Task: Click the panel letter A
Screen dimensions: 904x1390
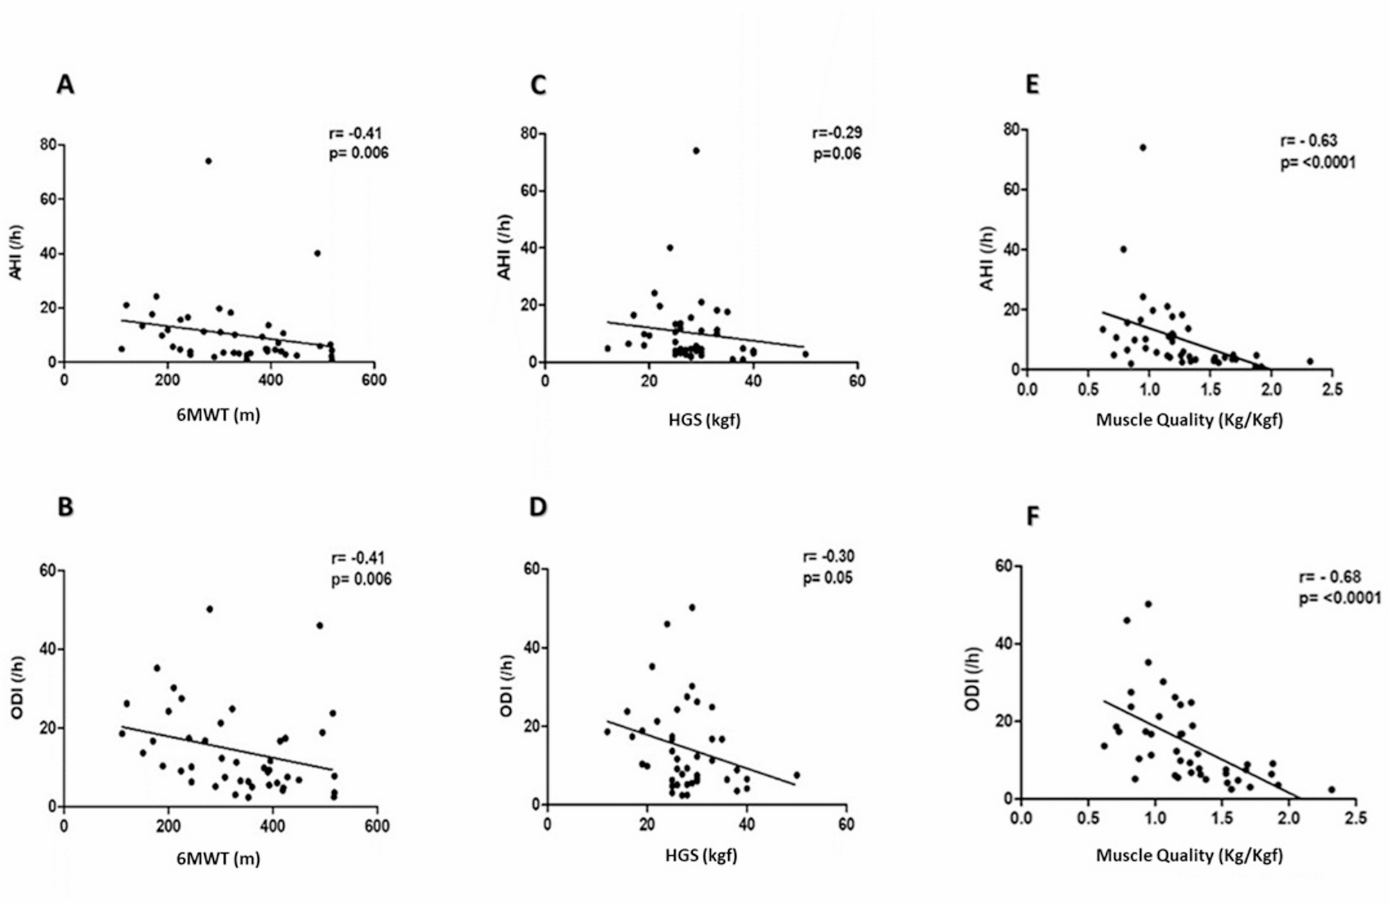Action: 65,84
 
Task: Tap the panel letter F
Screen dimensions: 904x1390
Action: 1032,516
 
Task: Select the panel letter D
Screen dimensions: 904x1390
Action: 538,507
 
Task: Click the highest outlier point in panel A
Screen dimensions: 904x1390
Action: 208,161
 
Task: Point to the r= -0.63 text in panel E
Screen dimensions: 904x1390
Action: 1308,141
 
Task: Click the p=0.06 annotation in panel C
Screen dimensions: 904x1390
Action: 836,154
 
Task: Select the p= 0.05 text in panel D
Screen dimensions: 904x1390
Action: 827,578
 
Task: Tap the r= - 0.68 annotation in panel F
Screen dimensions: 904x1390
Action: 1329,577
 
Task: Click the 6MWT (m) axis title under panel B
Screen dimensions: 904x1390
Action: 218,858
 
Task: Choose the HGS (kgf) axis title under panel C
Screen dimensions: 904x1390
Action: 704,419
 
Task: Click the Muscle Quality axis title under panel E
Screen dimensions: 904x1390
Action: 1189,419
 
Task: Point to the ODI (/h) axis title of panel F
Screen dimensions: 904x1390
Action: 973,678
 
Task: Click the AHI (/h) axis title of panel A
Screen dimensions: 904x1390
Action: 16,253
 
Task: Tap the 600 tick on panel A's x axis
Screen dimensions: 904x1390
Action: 374,380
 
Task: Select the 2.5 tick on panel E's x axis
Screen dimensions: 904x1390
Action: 1331,390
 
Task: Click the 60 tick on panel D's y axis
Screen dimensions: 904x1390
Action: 532,569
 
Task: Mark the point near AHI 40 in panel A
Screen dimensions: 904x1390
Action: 317,253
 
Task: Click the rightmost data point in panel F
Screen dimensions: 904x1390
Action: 1331,789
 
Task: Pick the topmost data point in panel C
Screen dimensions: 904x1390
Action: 696,151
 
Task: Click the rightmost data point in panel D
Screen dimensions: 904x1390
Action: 796,775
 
